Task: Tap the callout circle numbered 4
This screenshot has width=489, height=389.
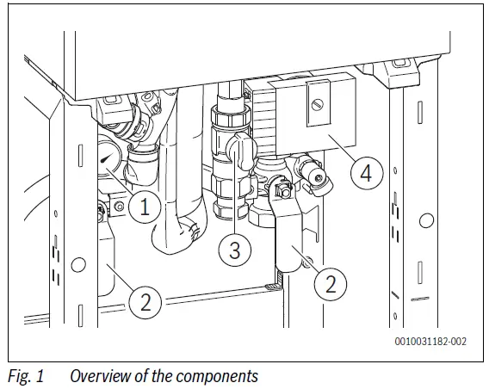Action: pos(366,173)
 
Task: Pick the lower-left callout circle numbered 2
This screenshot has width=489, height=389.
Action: pos(145,301)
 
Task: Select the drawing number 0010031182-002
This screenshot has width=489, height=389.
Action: pos(431,342)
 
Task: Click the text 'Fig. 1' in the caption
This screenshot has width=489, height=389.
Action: pos(26,375)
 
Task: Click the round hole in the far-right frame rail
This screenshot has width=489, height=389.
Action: pos(424,221)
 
